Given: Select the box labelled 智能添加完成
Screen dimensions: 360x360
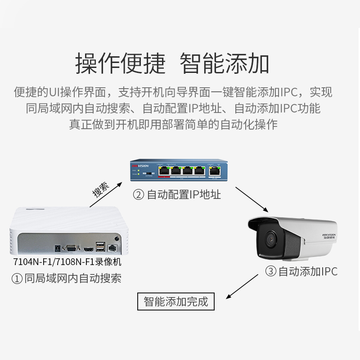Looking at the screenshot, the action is (x=176, y=301).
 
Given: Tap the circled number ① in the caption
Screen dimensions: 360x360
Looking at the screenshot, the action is (x=17, y=279).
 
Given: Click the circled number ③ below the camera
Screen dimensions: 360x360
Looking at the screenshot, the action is (x=270, y=271).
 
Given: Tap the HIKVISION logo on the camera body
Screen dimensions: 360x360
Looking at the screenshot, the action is (x=328, y=235).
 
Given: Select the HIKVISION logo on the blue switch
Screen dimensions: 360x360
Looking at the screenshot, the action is (x=140, y=166).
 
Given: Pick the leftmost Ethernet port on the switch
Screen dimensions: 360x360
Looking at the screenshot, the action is (x=164, y=170).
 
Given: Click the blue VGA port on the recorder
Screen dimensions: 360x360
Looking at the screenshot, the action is (x=71, y=247).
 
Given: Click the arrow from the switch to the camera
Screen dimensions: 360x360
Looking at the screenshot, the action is (x=252, y=198).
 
